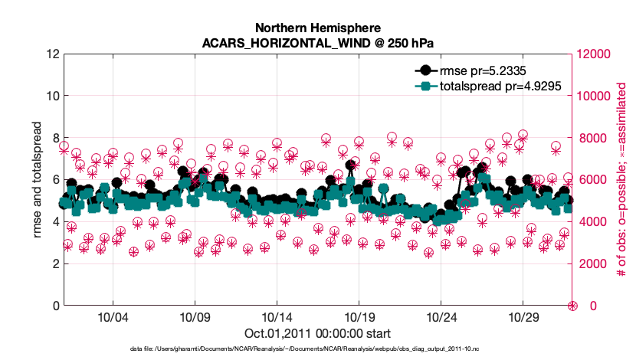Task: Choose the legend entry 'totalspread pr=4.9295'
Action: click(x=501, y=87)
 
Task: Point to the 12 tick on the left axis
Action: click(x=51, y=54)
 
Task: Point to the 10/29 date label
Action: click(x=523, y=316)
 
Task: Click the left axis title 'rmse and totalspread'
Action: click(x=35, y=179)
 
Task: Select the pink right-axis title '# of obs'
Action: click(x=622, y=179)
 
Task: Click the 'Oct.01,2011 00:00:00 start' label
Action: click(x=317, y=333)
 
